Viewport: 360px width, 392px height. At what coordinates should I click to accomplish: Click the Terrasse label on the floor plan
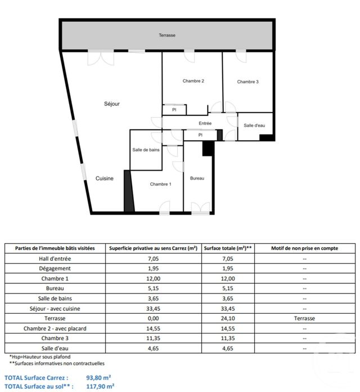click(x=166, y=35)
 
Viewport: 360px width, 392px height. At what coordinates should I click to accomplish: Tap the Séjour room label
click(x=112, y=104)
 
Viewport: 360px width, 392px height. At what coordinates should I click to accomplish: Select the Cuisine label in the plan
click(x=104, y=179)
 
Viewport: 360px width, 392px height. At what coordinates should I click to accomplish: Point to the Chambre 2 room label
click(x=193, y=81)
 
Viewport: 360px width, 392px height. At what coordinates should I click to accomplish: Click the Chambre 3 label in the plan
click(x=247, y=82)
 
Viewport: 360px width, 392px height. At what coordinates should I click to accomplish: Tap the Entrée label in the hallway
click(x=205, y=123)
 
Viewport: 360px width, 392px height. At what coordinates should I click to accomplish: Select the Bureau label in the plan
click(x=197, y=179)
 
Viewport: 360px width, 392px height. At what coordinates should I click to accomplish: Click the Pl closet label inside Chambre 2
click(x=174, y=110)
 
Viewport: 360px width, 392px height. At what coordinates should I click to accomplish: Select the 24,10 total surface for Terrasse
click(x=228, y=318)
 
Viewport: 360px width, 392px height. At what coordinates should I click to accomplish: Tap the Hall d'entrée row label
click(x=55, y=258)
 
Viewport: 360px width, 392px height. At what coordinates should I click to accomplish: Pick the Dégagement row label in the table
click(x=55, y=268)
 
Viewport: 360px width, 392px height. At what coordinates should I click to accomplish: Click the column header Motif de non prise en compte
click(x=304, y=248)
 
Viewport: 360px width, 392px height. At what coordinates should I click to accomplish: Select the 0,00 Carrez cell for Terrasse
click(x=153, y=318)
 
